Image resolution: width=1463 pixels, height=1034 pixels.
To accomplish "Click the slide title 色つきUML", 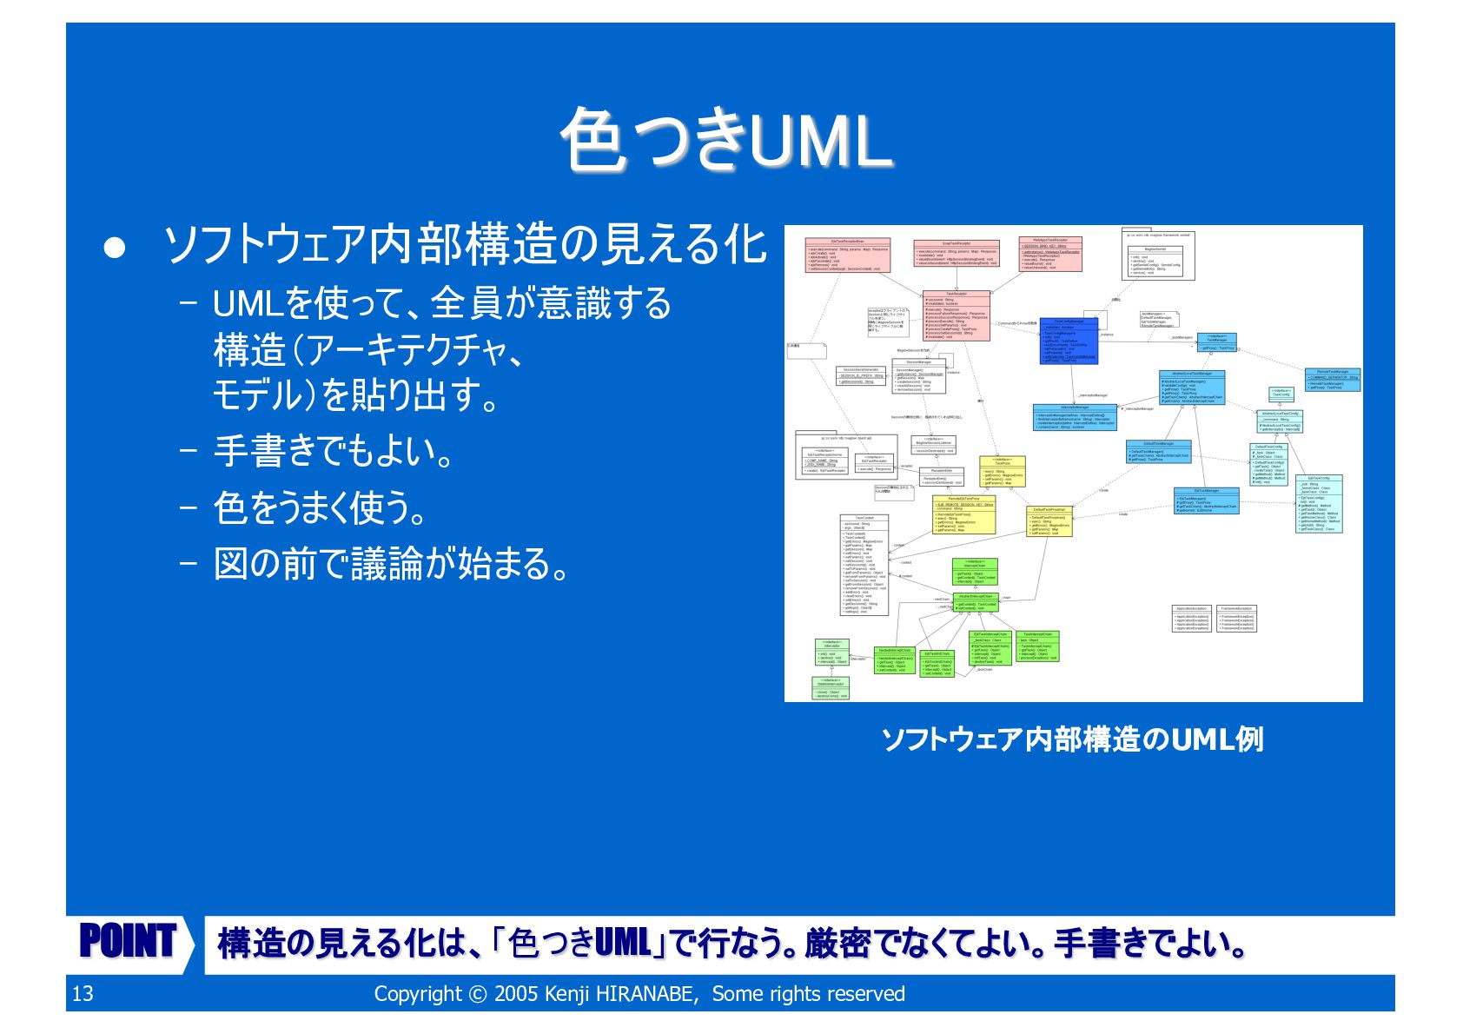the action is (726, 139).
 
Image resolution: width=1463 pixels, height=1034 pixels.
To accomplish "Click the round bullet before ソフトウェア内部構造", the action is (115, 249).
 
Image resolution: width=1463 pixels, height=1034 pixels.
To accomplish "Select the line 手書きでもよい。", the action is (334, 451).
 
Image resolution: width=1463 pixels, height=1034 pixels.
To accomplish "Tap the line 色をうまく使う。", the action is (321, 507).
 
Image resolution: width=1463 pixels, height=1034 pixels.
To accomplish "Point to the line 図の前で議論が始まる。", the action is (392, 563).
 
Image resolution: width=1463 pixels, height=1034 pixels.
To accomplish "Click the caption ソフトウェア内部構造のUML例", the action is (1072, 739).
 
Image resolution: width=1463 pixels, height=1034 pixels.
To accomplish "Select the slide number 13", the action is (83, 994).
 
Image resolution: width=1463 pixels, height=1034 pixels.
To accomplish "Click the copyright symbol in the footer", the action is (478, 994).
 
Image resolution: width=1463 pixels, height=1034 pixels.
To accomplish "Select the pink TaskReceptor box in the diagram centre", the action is (956, 315).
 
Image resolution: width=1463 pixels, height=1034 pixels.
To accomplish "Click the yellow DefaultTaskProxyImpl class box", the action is (1049, 520).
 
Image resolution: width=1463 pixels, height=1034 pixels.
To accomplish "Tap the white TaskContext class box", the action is (864, 565).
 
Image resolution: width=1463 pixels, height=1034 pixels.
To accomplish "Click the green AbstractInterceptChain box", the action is (975, 602).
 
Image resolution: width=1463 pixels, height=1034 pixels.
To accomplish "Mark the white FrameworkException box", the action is (1236, 618).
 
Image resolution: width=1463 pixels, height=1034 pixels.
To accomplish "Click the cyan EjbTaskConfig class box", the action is (1318, 503).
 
